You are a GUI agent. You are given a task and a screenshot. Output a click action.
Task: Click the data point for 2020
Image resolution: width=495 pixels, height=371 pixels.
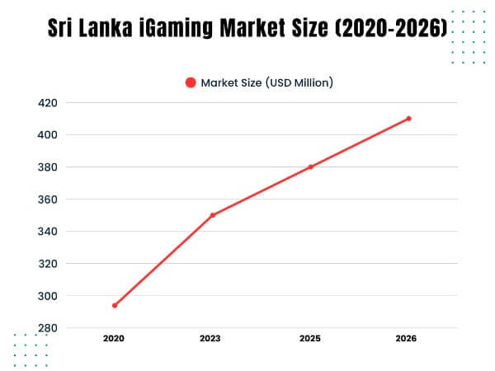click(x=115, y=305)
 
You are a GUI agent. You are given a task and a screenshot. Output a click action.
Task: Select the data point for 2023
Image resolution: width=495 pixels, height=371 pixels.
click(x=213, y=215)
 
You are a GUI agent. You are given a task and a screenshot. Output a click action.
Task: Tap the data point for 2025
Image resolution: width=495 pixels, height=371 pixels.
click(x=311, y=167)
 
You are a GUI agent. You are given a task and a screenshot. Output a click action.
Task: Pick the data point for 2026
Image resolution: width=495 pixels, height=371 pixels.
click(x=408, y=119)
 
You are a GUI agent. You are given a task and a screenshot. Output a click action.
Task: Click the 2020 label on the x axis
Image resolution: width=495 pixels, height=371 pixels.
click(x=115, y=339)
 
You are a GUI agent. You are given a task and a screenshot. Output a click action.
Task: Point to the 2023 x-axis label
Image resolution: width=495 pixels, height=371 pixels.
click(x=213, y=339)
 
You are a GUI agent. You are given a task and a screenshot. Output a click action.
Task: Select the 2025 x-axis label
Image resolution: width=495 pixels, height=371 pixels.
click(x=311, y=339)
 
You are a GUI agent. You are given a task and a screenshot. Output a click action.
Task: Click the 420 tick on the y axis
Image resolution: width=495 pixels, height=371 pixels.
click(x=48, y=103)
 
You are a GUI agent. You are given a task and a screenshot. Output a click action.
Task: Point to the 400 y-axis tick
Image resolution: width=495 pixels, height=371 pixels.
click(x=48, y=135)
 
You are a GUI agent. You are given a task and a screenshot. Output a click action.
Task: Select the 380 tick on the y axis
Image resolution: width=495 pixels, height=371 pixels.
click(x=48, y=167)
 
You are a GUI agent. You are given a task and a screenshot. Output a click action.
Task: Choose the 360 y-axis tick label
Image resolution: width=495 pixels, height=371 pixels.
click(x=48, y=200)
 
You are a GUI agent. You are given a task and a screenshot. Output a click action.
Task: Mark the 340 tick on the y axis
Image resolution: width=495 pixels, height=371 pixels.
click(x=48, y=232)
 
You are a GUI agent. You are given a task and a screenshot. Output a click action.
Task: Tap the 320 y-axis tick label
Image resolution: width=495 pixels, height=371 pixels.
click(x=48, y=264)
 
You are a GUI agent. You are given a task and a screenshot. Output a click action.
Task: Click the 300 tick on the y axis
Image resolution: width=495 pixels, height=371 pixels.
click(x=48, y=296)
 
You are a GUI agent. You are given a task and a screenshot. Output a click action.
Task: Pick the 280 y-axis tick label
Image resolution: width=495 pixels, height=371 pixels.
click(x=48, y=328)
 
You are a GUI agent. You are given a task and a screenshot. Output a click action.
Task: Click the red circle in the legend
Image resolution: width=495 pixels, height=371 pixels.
click(x=191, y=82)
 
